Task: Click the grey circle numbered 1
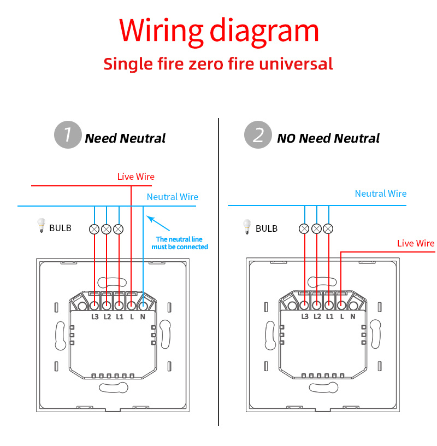click(x=68, y=134)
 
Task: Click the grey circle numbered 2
click(x=257, y=134)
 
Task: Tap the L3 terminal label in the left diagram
click(x=95, y=316)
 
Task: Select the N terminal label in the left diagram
click(x=143, y=316)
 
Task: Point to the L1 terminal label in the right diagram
click(x=329, y=316)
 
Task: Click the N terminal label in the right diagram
click(x=353, y=316)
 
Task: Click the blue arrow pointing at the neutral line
click(x=158, y=224)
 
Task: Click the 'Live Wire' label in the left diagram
click(x=136, y=177)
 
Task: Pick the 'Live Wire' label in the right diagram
click(x=416, y=243)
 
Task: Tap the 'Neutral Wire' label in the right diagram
click(x=381, y=193)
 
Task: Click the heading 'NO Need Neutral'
click(x=328, y=138)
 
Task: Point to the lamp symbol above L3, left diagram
click(x=95, y=229)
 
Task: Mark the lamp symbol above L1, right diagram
click(x=329, y=229)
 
